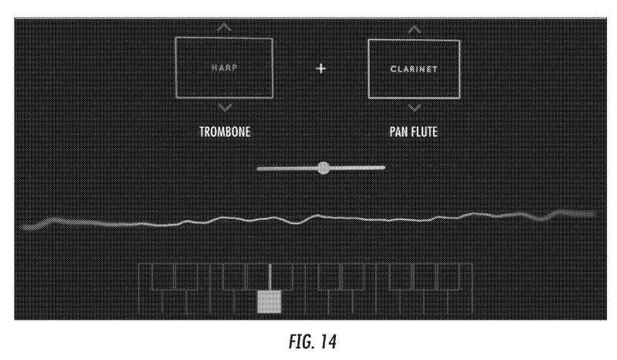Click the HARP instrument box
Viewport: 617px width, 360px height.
tap(224, 67)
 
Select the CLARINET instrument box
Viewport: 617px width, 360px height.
tap(414, 68)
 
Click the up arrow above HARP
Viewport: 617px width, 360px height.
tap(224, 29)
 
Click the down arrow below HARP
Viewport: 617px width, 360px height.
tap(224, 107)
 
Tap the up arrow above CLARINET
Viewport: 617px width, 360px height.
tap(415, 29)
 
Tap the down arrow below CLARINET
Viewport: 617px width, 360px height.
tap(415, 107)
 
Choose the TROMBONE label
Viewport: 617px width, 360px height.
tap(225, 131)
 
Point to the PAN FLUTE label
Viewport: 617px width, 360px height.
tap(415, 131)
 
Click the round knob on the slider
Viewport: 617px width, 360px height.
tap(324, 168)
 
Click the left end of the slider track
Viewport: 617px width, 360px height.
tap(260, 168)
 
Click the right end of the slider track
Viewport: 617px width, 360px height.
tap(382, 167)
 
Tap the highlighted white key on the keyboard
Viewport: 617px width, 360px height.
tap(268, 302)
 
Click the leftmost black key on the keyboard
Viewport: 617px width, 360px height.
tap(162, 277)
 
